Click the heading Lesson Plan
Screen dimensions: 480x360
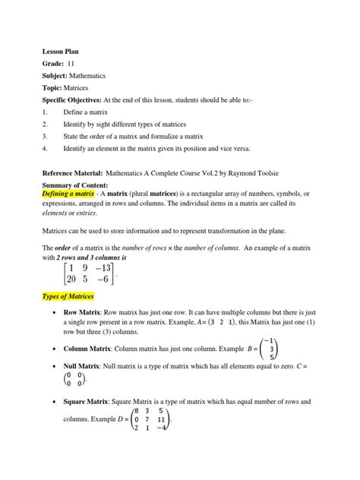point(60,51)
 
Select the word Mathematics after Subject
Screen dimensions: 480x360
point(87,76)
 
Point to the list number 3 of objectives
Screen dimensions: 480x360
point(45,137)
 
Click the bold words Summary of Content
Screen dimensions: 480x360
point(75,185)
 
